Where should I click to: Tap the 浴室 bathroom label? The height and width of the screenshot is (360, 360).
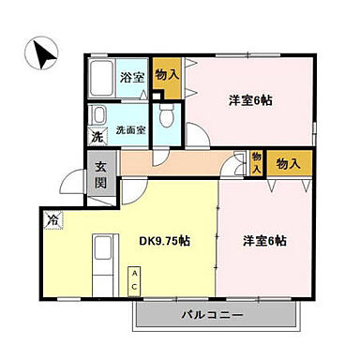coord(132,77)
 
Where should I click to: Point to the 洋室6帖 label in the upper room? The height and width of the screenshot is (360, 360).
coord(251,100)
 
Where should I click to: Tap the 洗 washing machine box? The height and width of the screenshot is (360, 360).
coord(97,138)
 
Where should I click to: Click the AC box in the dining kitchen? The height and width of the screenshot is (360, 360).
coord(135,278)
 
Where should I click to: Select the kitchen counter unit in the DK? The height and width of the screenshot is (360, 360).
coord(102,262)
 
